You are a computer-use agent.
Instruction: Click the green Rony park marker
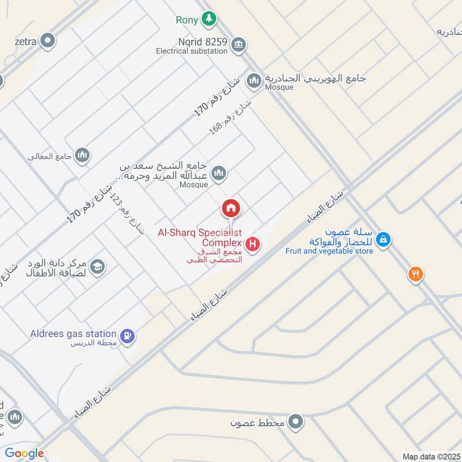208,20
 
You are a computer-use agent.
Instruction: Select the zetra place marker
49,41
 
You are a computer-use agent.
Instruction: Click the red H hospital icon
252,245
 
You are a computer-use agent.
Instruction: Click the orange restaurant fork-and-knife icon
415,274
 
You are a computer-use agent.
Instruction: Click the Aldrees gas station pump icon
128,334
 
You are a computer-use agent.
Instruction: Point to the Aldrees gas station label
73,334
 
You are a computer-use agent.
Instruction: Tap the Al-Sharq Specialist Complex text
199,238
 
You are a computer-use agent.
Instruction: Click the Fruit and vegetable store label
329,251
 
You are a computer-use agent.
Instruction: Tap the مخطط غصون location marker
296,421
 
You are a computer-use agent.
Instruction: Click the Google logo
24,453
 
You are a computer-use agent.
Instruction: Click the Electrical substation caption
192,51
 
